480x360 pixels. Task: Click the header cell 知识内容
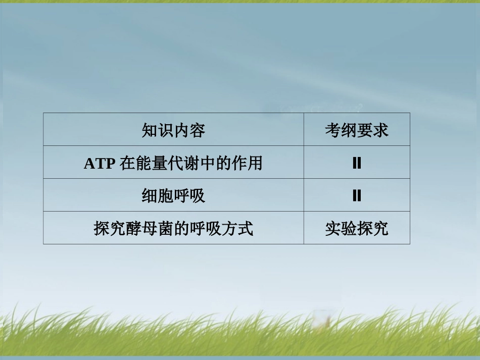(173, 131)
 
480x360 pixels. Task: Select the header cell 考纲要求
(356, 131)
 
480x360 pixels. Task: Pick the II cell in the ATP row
(356, 163)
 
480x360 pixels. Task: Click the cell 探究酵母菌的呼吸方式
(173, 229)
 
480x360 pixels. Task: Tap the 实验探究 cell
(356, 229)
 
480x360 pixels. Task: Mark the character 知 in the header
(150, 131)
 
